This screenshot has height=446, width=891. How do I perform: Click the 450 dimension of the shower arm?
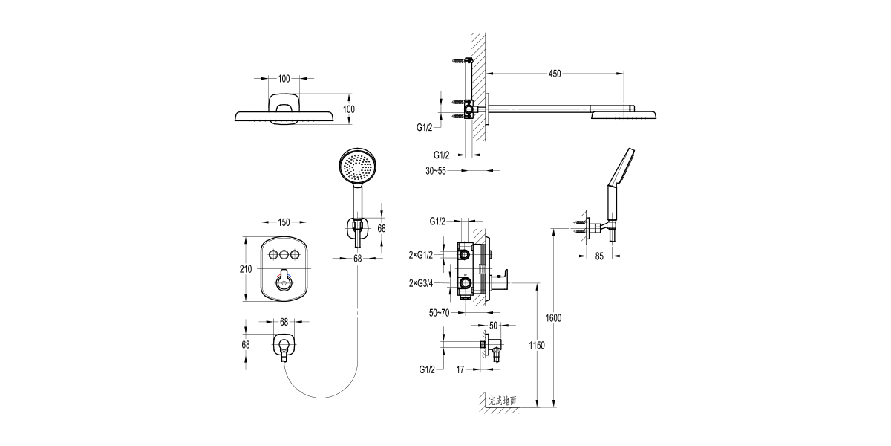[x=555, y=74]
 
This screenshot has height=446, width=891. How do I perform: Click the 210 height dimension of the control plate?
[x=246, y=269]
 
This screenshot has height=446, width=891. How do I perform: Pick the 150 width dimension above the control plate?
[x=284, y=222]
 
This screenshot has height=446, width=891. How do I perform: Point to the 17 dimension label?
[x=461, y=369]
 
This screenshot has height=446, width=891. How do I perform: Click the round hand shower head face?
[x=355, y=166]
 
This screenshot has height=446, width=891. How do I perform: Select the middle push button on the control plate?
[x=284, y=256]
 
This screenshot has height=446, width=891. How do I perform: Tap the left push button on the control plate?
[x=272, y=256]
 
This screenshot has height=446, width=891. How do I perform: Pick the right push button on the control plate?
[x=296, y=256]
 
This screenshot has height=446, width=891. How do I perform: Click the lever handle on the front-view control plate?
[x=284, y=281]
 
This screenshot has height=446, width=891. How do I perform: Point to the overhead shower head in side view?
[x=624, y=114]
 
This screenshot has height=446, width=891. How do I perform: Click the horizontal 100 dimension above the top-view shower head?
[x=284, y=78]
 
